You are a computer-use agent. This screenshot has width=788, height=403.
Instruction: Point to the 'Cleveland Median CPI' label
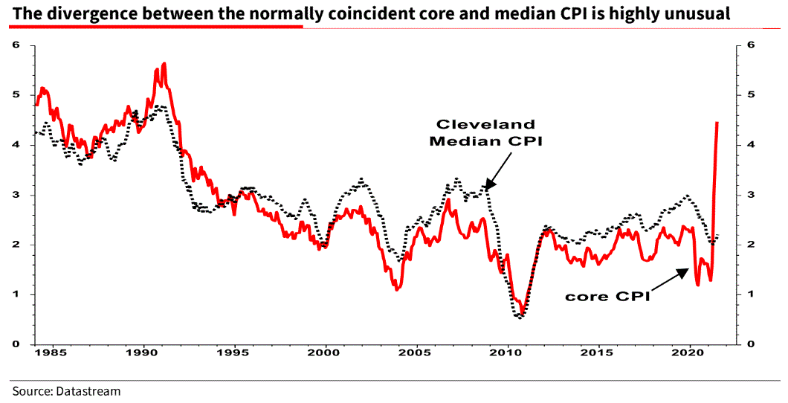(x=485, y=132)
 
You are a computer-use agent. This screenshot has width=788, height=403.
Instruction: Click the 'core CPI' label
(x=607, y=296)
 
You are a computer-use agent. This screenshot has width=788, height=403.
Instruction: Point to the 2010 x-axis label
(x=507, y=354)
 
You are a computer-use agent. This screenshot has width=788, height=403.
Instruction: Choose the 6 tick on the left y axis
(x=15, y=45)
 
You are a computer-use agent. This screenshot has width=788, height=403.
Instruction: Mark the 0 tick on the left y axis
(x=15, y=344)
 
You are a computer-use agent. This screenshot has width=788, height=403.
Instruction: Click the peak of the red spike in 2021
(x=717, y=122)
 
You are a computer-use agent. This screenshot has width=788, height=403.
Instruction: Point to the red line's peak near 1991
(x=164, y=64)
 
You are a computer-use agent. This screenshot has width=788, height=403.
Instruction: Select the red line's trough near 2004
(x=398, y=289)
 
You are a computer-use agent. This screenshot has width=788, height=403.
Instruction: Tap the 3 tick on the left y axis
(x=15, y=195)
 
